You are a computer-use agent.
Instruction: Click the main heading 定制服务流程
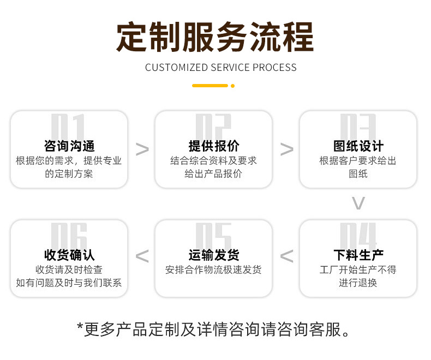click(x=215, y=37)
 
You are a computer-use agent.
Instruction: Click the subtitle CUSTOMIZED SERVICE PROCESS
click(x=220, y=68)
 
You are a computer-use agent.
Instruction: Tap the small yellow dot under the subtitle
click(x=233, y=86)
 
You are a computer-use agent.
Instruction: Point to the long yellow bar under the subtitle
click(x=210, y=86)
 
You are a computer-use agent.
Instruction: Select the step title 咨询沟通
click(x=69, y=146)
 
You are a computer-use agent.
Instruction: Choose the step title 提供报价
click(x=213, y=146)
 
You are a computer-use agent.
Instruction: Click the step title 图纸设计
click(x=358, y=146)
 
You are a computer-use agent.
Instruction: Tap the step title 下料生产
click(x=358, y=255)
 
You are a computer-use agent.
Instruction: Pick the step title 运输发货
click(x=213, y=255)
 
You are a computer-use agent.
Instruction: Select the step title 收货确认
click(x=69, y=255)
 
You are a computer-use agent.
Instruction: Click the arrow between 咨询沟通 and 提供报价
click(x=142, y=149)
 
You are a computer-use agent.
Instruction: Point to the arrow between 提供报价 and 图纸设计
click(x=286, y=149)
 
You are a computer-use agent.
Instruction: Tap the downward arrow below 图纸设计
click(x=358, y=203)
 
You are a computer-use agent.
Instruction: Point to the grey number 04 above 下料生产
click(x=358, y=236)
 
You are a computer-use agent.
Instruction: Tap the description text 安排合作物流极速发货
click(x=213, y=270)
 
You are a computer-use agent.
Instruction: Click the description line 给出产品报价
click(x=213, y=174)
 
